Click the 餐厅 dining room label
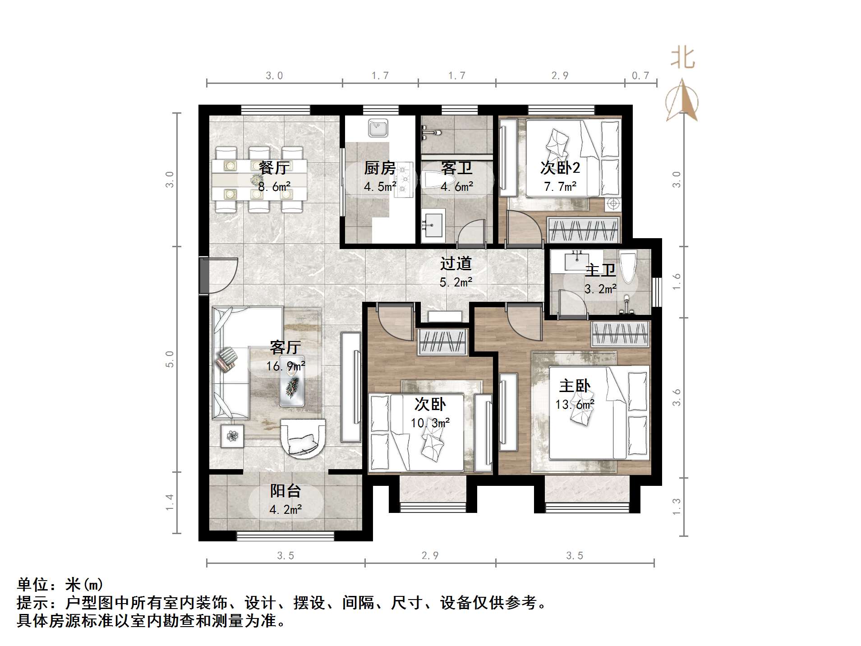coord(274,168)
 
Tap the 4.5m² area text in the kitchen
coord(380,186)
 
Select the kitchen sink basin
coord(378,128)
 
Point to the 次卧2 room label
coord(560,168)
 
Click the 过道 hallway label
coord(456,263)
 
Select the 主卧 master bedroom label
coord(575,386)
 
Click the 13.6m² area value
coord(575,404)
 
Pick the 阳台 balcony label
coord(285,491)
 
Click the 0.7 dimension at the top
coord(640,75)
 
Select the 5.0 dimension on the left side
coord(170,359)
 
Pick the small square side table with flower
coord(232,436)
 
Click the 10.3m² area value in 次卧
coord(430,423)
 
